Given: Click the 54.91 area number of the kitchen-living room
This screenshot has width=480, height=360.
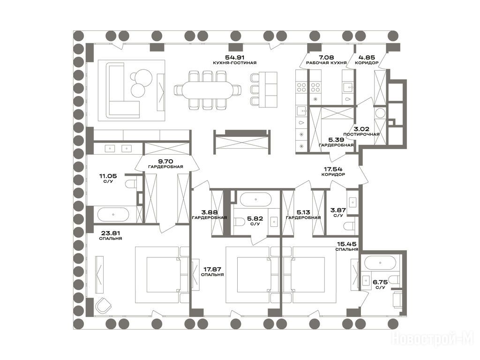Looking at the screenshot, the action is (235, 57).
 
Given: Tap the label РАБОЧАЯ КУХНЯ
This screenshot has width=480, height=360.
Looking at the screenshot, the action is (326, 63).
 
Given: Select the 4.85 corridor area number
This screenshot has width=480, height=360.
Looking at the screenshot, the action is (367, 57).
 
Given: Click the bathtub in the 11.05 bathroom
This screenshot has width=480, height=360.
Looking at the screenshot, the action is (113, 214).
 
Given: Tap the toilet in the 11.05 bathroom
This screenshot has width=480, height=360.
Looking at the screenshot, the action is (131, 184).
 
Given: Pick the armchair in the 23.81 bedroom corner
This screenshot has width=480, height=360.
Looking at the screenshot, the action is (104, 305).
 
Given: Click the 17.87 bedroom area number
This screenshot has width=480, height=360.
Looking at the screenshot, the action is (212, 270).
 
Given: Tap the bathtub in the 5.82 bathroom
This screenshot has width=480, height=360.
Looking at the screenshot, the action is (255, 199).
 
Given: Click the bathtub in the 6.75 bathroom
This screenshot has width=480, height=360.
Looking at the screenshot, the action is (380, 262).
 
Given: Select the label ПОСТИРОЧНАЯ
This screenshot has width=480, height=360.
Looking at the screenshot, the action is (361, 135).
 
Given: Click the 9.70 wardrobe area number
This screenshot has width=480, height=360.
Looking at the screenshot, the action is (165, 161).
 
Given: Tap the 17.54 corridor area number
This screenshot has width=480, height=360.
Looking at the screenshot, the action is (333, 169).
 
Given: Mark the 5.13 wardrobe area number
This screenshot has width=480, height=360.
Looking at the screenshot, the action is (303, 212).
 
